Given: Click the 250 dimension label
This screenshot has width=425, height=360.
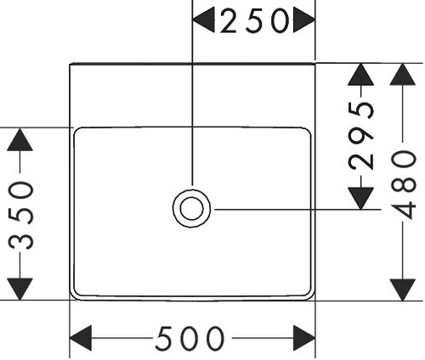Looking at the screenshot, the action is pos(255,20).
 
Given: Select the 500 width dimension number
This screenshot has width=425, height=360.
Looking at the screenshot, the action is pos(190,338).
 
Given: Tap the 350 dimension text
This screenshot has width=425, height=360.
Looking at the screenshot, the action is pos(21,216).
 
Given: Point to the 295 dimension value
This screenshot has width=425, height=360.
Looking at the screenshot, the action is pos(361,135).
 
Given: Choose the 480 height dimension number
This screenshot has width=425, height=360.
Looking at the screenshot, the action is pos(403,185).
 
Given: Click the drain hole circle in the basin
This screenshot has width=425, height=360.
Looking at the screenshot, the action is pos(191,208).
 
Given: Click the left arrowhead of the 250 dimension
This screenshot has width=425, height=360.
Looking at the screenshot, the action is pos(203,20).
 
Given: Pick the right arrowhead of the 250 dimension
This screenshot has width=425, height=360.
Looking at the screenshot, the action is pos(304,20).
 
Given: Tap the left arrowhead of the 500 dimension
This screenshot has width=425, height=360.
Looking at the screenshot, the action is pos(81,338).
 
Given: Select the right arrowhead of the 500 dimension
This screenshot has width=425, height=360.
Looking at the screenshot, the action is pos(304,338).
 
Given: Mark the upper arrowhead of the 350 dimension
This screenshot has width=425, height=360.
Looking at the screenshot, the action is pos(20,139).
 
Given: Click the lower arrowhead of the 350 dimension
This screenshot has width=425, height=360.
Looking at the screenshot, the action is pos(20,289).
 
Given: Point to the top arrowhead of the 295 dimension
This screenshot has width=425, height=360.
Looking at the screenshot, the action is pos(360,75).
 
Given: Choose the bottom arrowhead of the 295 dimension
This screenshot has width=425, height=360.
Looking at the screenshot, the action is pos(360,199).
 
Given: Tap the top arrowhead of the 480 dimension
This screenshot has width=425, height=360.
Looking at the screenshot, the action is pos(403,74).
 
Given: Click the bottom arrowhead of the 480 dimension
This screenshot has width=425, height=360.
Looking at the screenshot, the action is pos(403,290).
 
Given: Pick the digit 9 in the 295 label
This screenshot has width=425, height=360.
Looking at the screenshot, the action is pos(361,136).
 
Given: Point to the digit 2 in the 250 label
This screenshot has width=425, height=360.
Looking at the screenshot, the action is pos(228,21).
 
